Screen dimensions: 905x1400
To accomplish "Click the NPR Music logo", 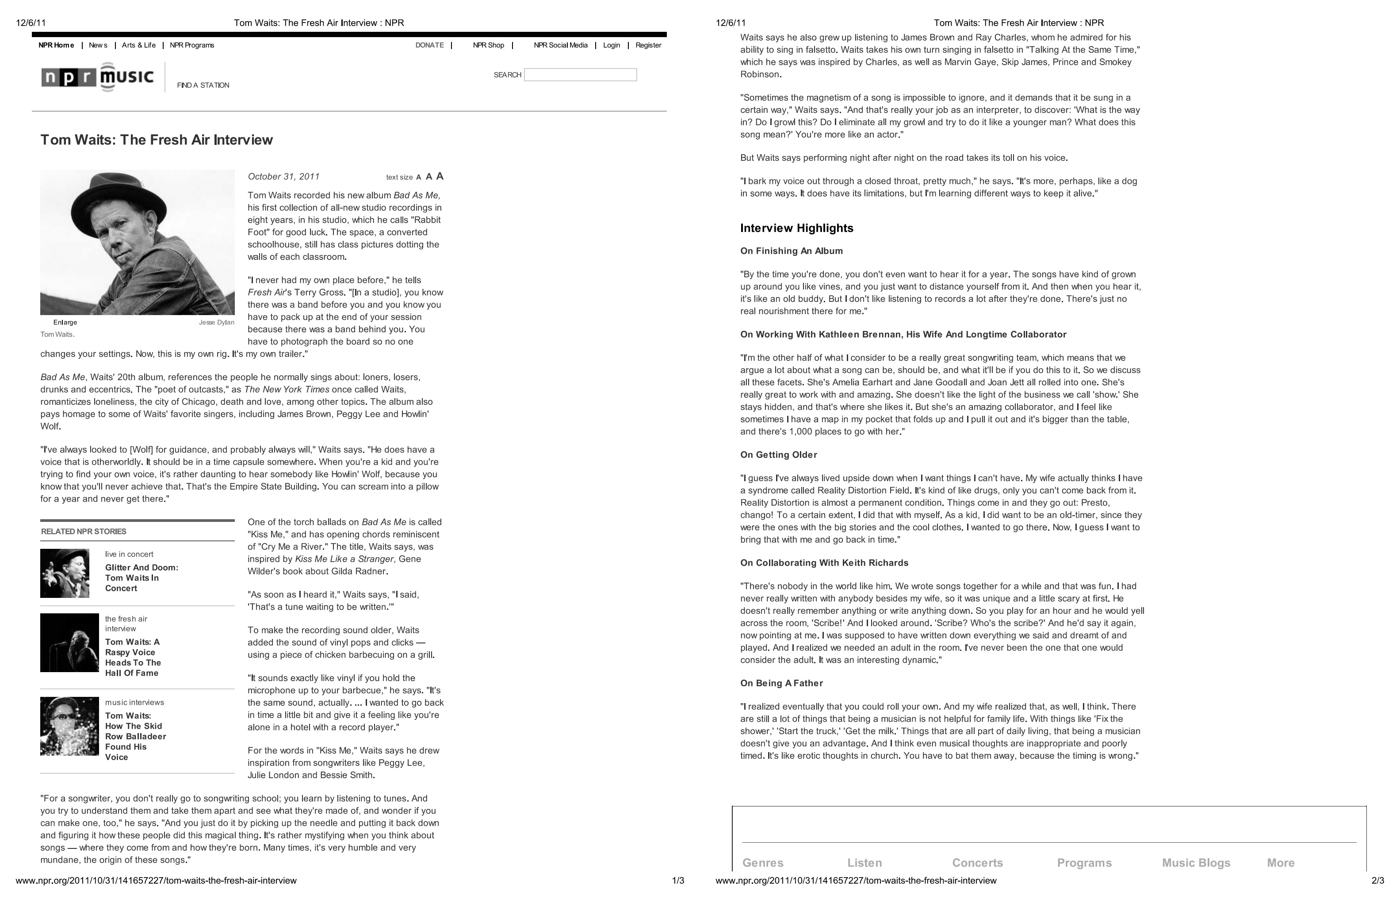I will point(98,77).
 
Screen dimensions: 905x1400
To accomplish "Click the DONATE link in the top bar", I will point(429,45).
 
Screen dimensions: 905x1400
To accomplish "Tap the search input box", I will point(580,75).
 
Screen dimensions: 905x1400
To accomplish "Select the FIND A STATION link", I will point(203,85).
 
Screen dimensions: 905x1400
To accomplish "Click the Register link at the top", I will point(648,45).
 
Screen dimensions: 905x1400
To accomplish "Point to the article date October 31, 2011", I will point(283,176).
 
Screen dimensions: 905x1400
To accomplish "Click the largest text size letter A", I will point(439,176).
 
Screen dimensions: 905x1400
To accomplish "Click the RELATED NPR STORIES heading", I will point(84,531).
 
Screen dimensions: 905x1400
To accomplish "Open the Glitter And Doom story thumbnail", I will point(65,573).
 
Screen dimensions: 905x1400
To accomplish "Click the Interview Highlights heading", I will point(796,228).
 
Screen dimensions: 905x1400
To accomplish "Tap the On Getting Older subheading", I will point(779,454).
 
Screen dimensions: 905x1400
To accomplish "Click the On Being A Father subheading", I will point(781,683).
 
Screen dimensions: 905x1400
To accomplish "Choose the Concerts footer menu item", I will point(977,862).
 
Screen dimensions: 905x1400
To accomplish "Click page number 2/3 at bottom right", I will point(1377,880).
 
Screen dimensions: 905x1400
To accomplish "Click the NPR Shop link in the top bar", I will point(488,45).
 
